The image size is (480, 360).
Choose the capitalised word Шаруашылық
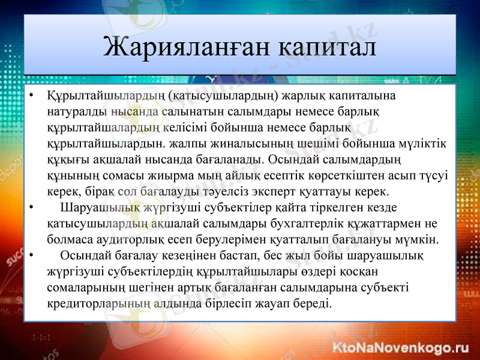point(93,209)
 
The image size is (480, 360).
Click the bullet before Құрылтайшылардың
point(31,96)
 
